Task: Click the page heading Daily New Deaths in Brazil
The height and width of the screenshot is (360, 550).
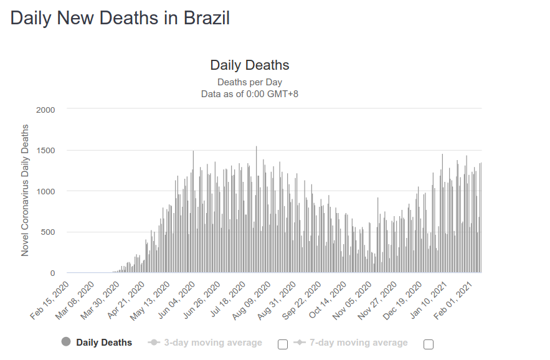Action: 120,18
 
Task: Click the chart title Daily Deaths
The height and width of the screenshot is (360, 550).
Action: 249,65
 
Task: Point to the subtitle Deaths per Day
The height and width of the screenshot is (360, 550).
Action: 249,82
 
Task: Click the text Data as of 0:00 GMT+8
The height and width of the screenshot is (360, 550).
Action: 249,94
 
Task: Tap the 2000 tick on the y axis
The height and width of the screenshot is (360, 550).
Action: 45,110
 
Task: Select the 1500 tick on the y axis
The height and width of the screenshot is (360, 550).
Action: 45,151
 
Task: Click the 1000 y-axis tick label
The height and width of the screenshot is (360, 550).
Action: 45,191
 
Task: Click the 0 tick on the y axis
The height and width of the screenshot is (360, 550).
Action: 52,273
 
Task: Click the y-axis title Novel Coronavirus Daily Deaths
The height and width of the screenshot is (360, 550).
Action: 26,191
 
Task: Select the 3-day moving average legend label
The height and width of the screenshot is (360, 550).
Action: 212,343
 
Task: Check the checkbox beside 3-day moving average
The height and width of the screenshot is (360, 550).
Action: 283,344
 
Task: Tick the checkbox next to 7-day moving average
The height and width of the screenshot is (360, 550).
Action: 428,344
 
